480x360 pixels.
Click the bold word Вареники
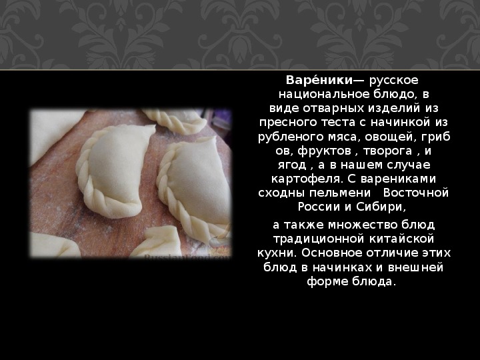pyautogui.click(x=319, y=80)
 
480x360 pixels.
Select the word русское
pyautogui.click(x=394, y=81)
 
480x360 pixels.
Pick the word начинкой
pyautogui.click(x=401, y=123)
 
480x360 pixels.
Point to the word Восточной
pyautogui.click(x=416, y=193)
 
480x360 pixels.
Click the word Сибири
pyautogui.click(x=381, y=207)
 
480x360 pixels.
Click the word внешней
pyautogui.click(x=415, y=268)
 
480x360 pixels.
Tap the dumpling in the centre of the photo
pyautogui.click(x=115, y=171)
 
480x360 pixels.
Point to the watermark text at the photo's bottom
pyautogui.click(x=187, y=257)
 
